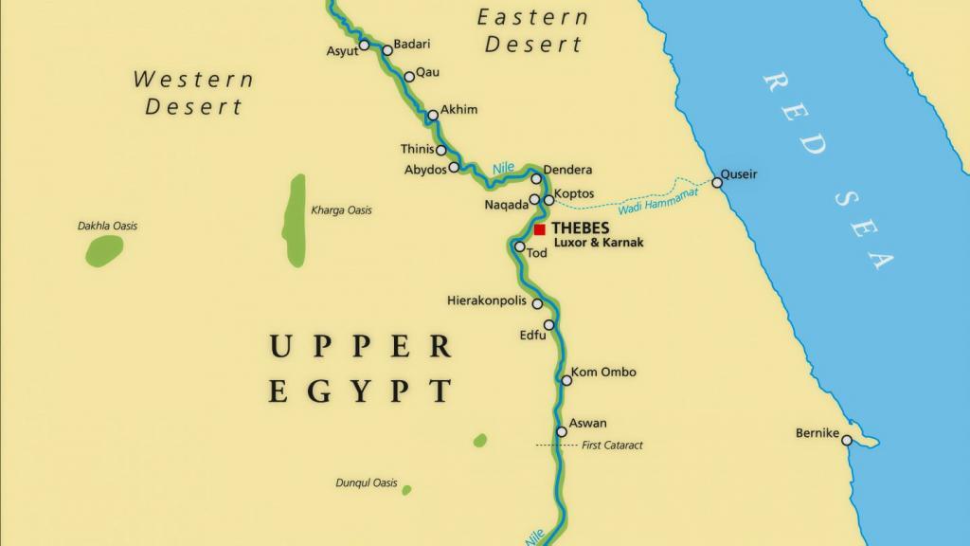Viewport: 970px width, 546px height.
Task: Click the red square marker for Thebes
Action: coord(540,229)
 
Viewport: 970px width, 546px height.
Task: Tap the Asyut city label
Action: coord(342,51)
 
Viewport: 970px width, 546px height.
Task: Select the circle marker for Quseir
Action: coord(717,182)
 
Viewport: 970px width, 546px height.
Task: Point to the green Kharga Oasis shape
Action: coord(295,221)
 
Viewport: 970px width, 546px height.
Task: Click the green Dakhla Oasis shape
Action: coord(104,250)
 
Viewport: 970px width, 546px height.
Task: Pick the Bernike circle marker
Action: coord(847,441)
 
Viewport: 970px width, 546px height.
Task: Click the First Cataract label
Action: coord(612,445)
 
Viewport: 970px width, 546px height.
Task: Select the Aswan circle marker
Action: coord(562,432)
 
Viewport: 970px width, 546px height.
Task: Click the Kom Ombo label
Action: coord(603,373)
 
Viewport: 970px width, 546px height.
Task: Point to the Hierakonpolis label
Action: coord(486,300)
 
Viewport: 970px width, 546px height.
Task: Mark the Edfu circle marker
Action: coord(548,325)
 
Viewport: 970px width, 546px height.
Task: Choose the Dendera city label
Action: coord(568,170)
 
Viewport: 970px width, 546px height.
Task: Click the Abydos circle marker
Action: coord(454,168)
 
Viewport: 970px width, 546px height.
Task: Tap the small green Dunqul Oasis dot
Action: coord(406,490)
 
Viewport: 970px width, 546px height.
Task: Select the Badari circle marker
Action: coord(386,50)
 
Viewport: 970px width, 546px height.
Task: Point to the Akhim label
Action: coord(459,110)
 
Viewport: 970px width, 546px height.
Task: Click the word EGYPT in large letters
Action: coord(359,391)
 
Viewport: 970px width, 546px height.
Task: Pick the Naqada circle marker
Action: coord(534,200)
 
